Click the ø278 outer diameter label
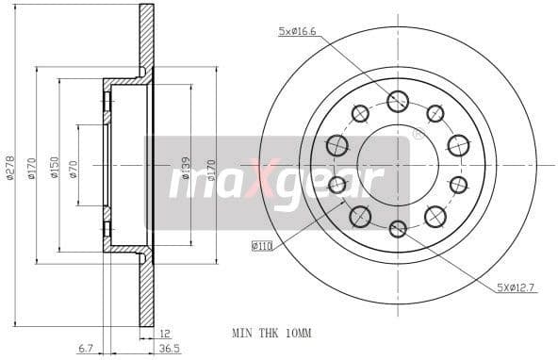[x=10, y=167]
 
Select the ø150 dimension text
[x=54, y=167]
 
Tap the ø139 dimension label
[x=185, y=168]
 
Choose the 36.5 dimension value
[x=169, y=349]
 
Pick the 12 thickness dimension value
[x=165, y=334]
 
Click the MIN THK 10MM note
[x=271, y=333]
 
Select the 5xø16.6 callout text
[x=298, y=32]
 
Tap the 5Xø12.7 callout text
[x=517, y=287]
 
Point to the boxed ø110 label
[x=262, y=246]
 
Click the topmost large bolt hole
[x=398, y=101]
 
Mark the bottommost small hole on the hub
[x=398, y=228]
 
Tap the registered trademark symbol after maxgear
[x=418, y=135]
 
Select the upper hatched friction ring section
[x=146, y=38]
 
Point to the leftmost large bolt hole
[x=336, y=145]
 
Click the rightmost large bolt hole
[x=458, y=145]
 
